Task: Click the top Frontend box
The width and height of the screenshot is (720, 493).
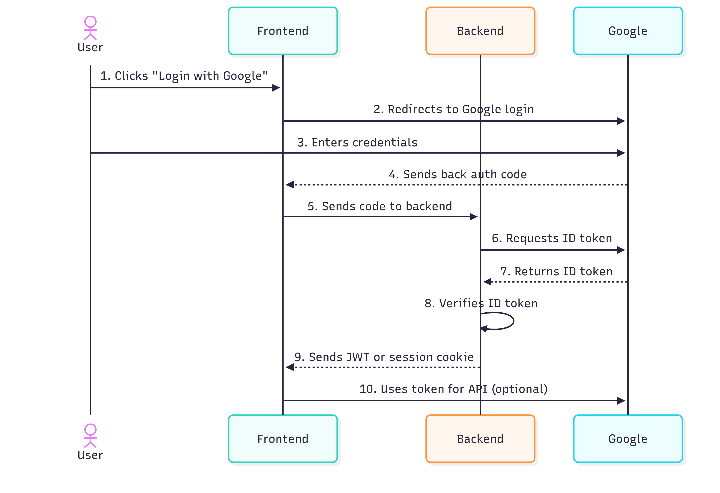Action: tap(283, 31)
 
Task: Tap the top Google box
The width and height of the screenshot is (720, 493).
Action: tap(628, 31)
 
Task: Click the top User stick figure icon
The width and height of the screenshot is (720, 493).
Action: tap(90, 28)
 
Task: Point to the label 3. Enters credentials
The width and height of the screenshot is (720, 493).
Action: tap(357, 142)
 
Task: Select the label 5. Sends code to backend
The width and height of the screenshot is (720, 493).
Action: tap(379, 206)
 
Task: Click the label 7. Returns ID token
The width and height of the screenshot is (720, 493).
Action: tap(556, 271)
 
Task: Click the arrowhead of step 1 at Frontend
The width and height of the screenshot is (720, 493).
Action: tap(276, 88)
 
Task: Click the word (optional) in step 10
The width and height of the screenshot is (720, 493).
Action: tap(520, 389)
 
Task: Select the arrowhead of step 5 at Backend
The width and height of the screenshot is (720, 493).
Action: tap(473, 217)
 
